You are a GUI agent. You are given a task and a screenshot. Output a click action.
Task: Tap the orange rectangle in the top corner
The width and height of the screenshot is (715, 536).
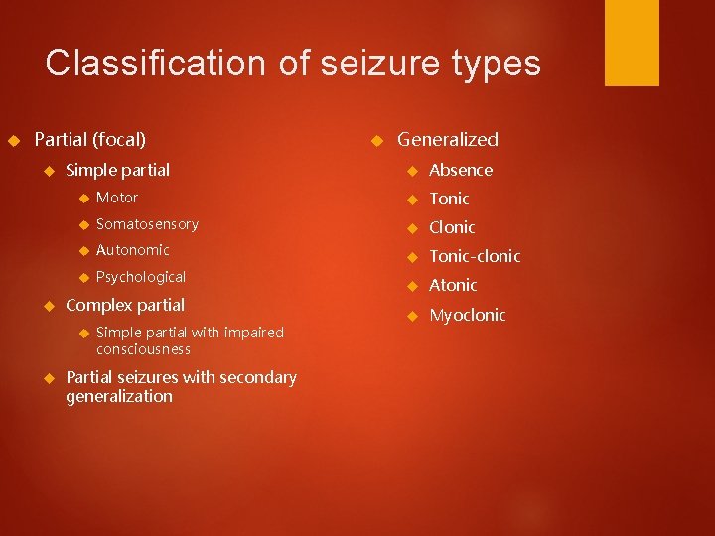pyautogui.click(x=632, y=43)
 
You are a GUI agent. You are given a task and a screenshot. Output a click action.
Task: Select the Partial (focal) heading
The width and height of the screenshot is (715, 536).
pyautogui.click(x=89, y=140)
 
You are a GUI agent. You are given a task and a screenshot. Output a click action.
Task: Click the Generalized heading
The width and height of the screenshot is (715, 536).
pyautogui.click(x=448, y=140)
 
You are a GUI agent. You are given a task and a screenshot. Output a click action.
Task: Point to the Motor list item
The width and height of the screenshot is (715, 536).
pyautogui.click(x=117, y=198)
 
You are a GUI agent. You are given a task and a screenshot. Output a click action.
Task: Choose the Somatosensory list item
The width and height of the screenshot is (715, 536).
pyautogui.click(x=147, y=224)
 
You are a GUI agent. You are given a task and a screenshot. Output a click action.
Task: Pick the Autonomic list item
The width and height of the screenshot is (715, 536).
pyautogui.click(x=133, y=250)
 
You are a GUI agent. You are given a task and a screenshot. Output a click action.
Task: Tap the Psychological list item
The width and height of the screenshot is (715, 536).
pyautogui.click(x=141, y=277)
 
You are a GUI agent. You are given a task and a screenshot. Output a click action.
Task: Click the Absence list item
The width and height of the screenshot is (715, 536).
pyautogui.click(x=461, y=170)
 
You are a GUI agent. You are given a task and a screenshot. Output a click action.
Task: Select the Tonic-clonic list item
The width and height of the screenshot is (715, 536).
pyautogui.click(x=475, y=256)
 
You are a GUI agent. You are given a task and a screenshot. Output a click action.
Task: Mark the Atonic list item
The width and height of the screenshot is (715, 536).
pyautogui.click(x=453, y=285)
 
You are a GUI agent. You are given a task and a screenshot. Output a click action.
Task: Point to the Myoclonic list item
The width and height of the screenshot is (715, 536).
pyautogui.click(x=467, y=315)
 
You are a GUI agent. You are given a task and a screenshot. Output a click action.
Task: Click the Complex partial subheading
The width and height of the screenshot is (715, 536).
pyautogui.click(x=124, y=304)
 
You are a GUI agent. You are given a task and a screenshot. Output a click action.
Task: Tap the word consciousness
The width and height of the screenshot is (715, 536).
pyautogui.click(x=143, y=349)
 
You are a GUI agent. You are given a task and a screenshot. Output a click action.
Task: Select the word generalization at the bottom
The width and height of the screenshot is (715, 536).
pyautogui.click(x=119, y=396)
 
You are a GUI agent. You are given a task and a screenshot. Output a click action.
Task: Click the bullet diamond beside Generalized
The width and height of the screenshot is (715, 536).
pyautogui.click(x=374, y=140)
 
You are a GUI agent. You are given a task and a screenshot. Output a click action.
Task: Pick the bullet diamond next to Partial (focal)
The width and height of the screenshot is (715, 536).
pyautogui.click(x=13, y=140)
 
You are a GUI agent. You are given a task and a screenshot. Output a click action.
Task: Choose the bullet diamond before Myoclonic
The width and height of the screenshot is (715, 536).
pyautogui.click(x=407, y=316)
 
